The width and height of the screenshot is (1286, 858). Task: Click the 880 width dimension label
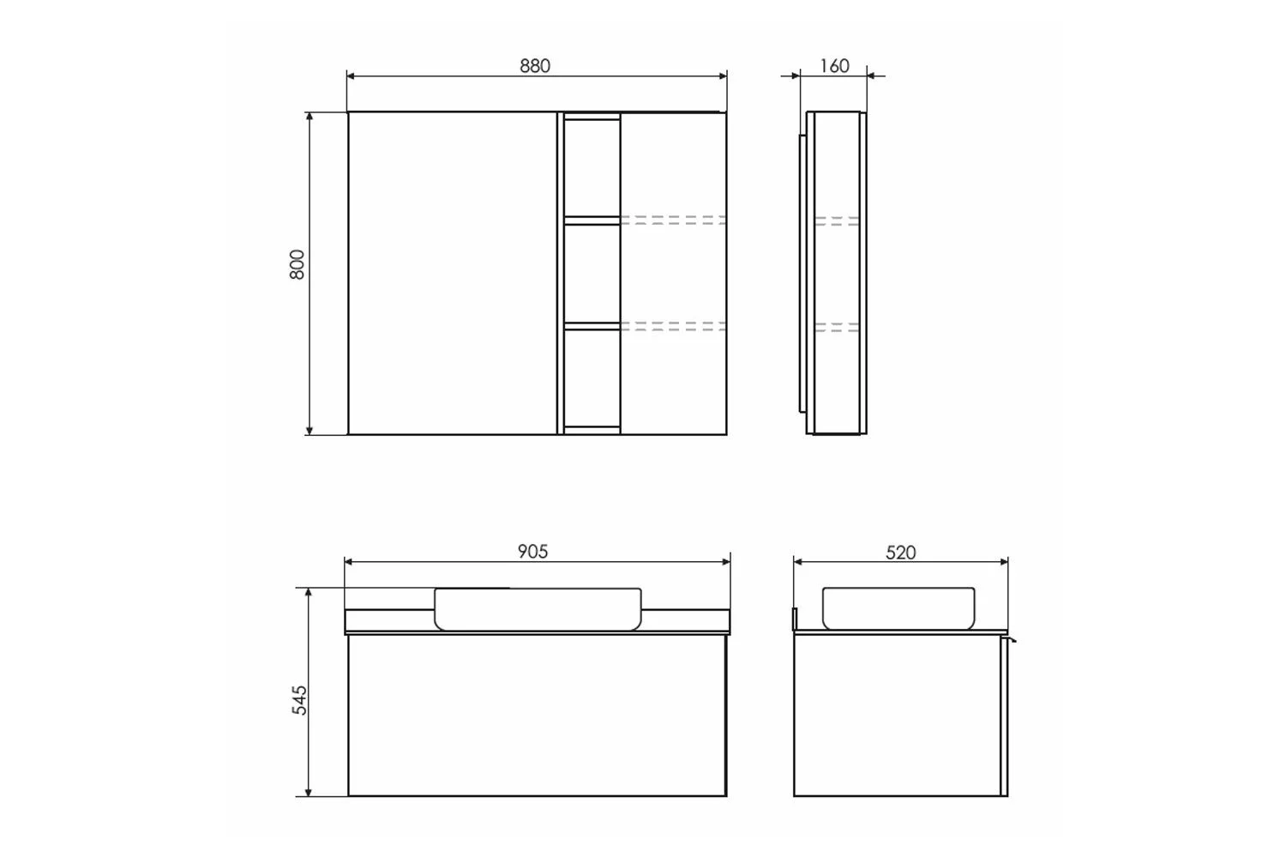coord(534,66)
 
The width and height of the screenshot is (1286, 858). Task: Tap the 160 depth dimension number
coord(834,66)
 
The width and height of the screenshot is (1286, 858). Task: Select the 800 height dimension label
coord(297,264)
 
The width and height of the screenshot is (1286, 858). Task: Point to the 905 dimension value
coord(532,552)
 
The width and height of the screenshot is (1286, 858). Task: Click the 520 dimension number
coord(900,553)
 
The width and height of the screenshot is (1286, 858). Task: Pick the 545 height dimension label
coord(299,700)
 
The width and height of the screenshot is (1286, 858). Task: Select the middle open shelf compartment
coord(592,273)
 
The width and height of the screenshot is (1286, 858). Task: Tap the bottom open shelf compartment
coord(592,378)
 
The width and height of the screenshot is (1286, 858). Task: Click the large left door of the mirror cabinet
coord(453,273)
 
